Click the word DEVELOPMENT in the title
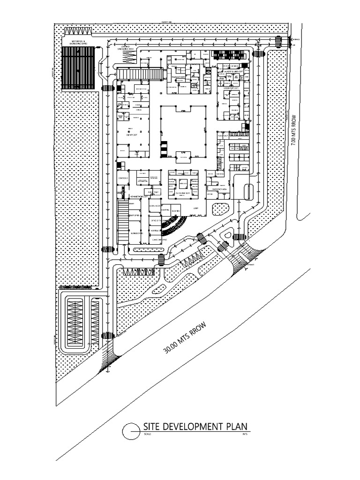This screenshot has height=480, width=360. click(x=190, y=427)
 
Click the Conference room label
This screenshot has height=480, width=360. click(x=123, y=178)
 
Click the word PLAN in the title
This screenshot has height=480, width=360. click(x=238, y=427)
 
